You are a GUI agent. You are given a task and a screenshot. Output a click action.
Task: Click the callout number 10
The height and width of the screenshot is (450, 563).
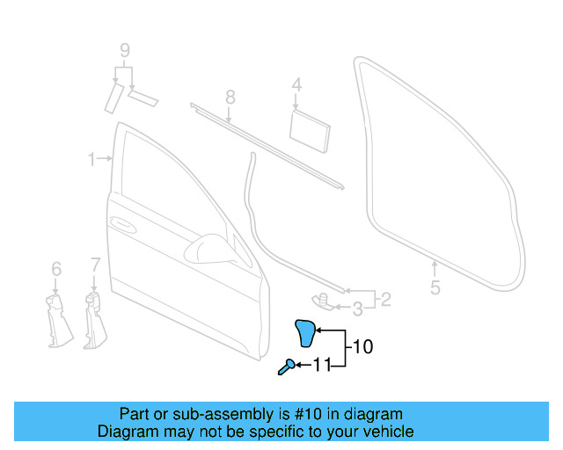point(362,347)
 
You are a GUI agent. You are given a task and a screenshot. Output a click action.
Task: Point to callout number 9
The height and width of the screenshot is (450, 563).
point(124,49)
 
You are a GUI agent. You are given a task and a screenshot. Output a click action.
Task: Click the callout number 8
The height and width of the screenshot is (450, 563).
point(229,96)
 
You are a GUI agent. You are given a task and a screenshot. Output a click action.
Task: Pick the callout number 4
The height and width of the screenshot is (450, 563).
point(296,85)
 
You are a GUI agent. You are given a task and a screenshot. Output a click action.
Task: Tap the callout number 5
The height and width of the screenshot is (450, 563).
point(435,287)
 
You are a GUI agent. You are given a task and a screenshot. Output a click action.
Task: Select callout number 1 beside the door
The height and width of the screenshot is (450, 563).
point(91,159)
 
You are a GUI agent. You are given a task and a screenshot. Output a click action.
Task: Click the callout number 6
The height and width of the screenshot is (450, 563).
point(55,268)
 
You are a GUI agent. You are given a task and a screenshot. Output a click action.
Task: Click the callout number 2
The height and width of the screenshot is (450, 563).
point(384,300)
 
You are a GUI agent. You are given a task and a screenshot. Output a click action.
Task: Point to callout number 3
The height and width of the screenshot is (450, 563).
point(357,308)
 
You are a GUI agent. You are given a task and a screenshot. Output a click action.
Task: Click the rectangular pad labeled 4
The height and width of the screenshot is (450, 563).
point(310,126)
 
